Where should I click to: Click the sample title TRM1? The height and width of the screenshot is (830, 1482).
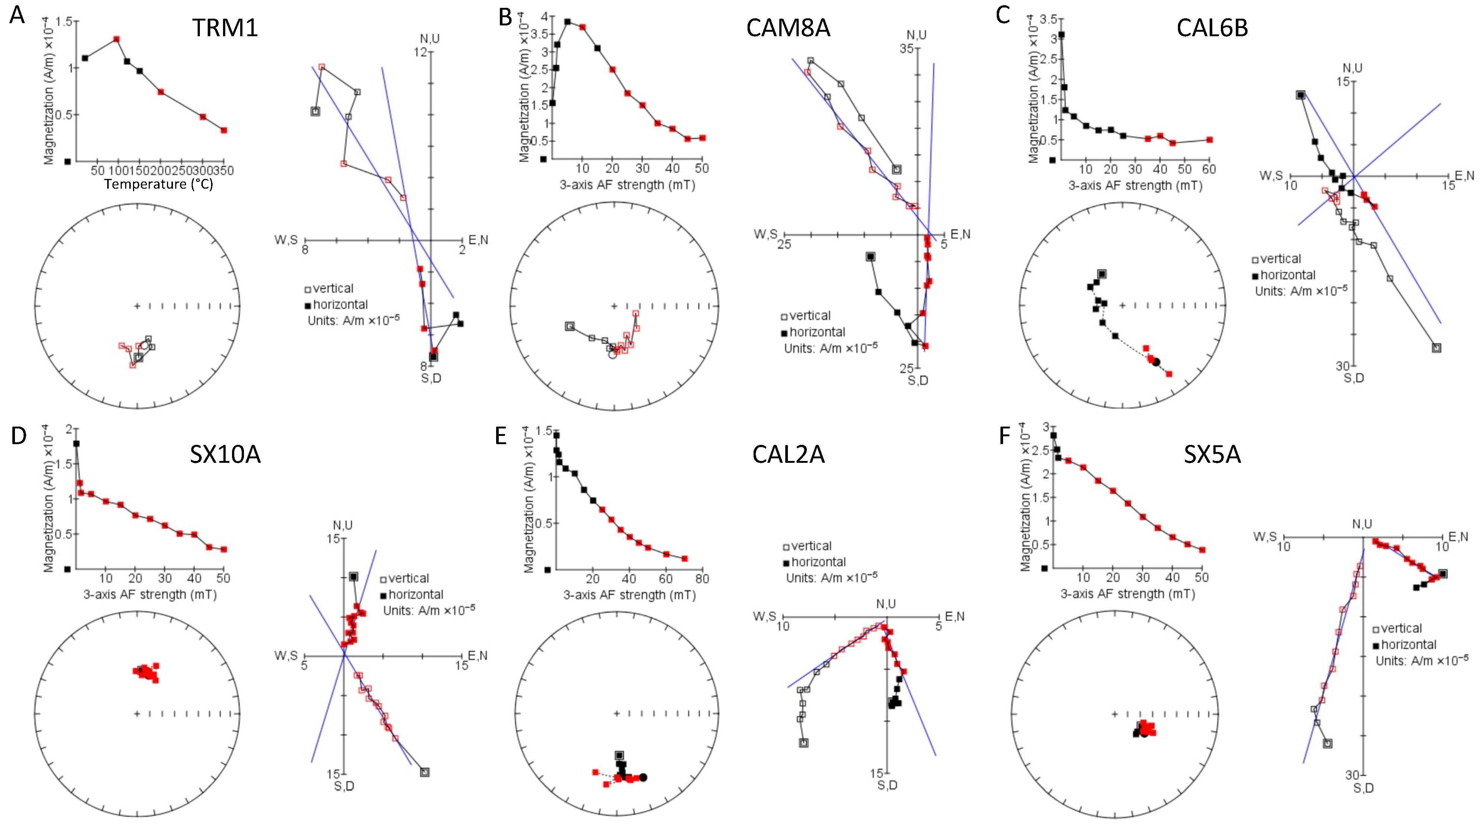[x=225, y=28]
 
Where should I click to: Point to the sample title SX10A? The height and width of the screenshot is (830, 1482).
[x=225, y=454]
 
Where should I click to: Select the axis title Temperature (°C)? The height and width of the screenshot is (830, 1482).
[x=159, y=184]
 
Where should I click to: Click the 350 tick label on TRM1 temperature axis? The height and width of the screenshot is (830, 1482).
[x=223, y=170]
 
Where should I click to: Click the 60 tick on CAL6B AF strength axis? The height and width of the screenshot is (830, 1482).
[x=1209, y=169]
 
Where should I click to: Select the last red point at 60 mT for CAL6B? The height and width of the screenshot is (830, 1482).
[x=1209, y=140]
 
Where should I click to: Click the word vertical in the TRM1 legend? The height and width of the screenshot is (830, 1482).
[x=332, y=288]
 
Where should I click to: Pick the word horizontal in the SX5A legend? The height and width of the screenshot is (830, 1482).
[x=1408, y=644]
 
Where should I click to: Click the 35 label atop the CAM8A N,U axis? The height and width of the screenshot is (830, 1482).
[x=907, y=48]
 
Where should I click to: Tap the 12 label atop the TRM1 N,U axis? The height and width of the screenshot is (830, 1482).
[x=421, y=52]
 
